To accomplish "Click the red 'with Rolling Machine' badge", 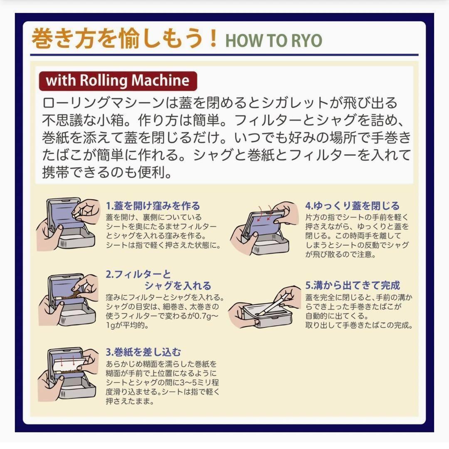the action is (x=118, y=81).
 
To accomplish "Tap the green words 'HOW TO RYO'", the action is (x=274, y=41).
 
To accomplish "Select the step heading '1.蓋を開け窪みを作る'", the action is (x=153, y=206).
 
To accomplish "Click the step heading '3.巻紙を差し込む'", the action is (x=143, y=352).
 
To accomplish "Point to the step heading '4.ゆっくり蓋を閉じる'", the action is (x=352, y=206).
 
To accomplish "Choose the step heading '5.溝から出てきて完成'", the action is (x=353, y=285).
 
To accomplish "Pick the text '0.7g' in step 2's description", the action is (x=206, y=316).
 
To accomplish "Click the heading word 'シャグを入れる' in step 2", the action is (x=178, y=286).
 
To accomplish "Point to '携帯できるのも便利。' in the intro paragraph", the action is (x=107, y=172).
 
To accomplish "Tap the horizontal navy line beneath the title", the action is (x=224, y=54).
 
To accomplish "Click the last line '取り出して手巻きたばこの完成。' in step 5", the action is (x=359, y=325).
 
